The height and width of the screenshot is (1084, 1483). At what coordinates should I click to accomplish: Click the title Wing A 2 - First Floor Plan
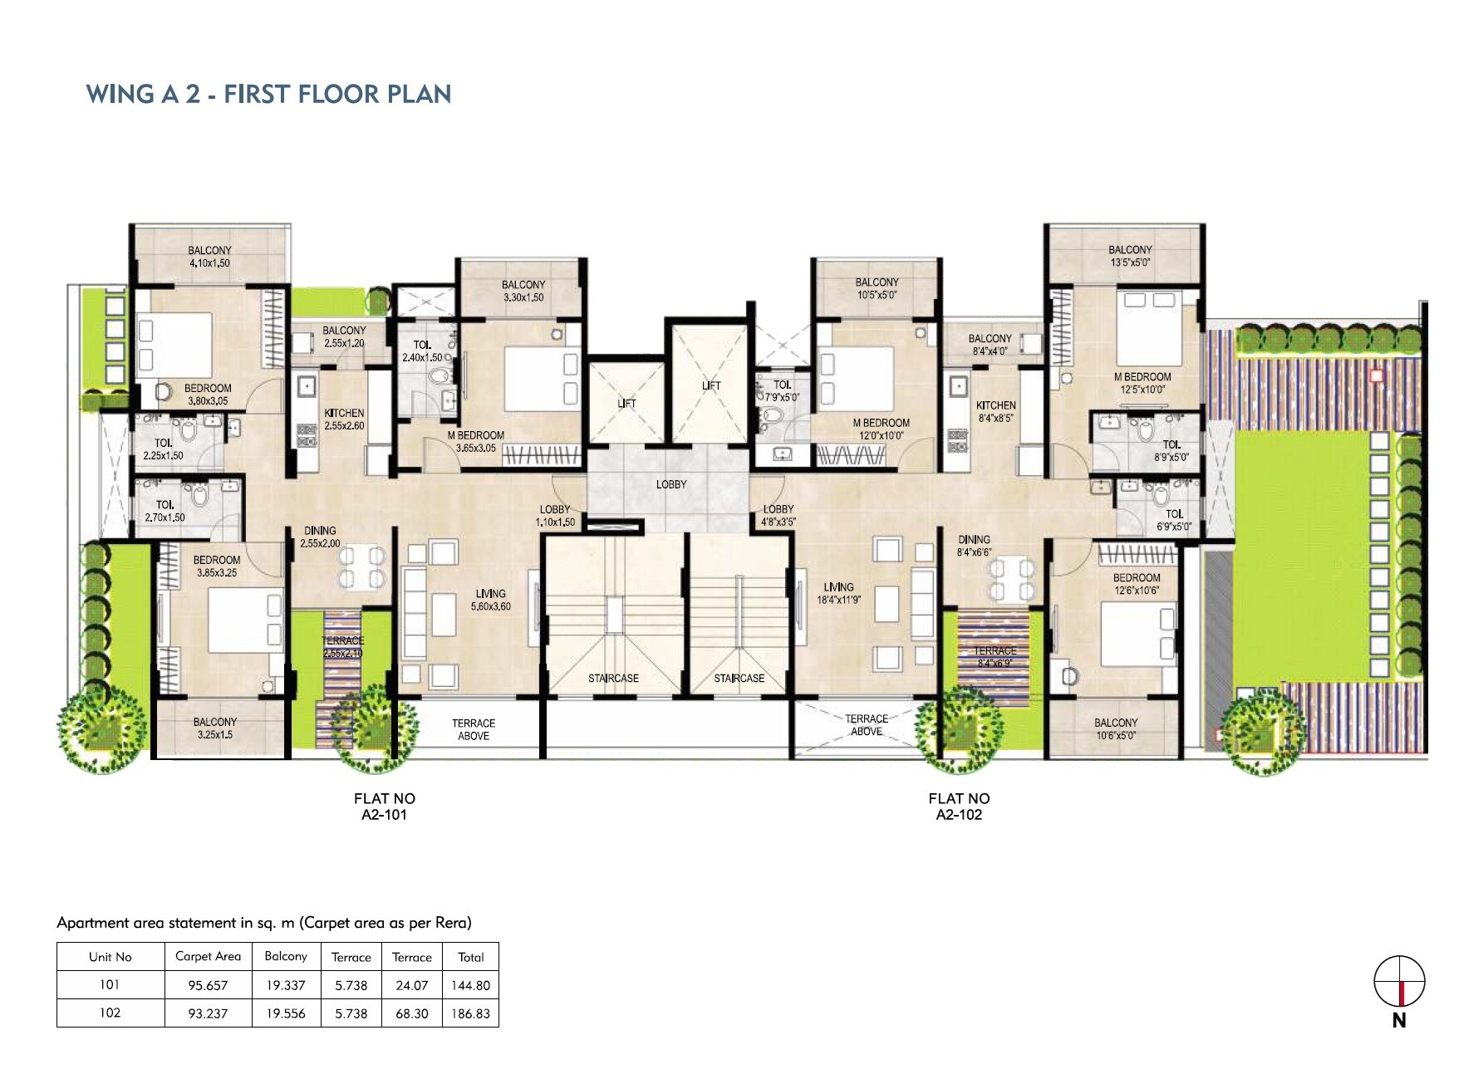[268, 94]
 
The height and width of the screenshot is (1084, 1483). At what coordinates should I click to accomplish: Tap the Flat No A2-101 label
[384, 807]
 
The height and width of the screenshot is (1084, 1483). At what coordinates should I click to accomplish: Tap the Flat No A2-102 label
[959, 807]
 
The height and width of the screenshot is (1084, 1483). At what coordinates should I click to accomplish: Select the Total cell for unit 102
[470, 1013]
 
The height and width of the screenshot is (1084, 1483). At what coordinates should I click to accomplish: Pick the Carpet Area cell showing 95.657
[208, 985]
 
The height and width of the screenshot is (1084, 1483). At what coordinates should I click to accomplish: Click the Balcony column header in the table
[286, 956]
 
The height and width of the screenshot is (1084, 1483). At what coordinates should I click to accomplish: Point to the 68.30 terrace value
[411, 1013]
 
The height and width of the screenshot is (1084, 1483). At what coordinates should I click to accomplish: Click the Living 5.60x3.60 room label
[491, 600]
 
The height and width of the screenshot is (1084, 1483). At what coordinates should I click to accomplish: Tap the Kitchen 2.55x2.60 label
[344, 419]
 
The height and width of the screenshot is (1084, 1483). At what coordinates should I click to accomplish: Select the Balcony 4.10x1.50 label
[209, 257]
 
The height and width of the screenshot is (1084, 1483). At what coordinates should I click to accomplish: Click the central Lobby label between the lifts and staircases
[671, 484]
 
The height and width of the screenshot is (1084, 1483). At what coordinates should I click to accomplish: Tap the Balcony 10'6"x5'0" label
[1115, 729]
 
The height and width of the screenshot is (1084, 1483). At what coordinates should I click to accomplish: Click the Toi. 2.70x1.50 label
[165, 511]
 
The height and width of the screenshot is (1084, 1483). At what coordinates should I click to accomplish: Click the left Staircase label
[613, 679]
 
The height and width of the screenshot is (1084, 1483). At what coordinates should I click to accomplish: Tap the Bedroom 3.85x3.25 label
[217, 567]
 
